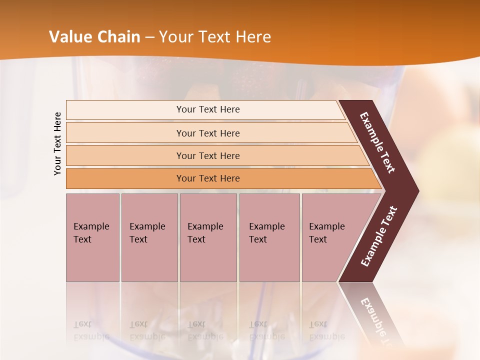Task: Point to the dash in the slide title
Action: click(x=149, y=37)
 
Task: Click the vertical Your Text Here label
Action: click(x=57, y=143)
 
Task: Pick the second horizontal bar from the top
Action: click(x=208, y=133)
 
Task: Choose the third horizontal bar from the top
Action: click(x=208, y=155)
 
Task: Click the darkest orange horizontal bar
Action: click(x=208, y=178)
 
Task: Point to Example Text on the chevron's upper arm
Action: click(x=377, y=142)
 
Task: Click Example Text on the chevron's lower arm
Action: click(x=379, y=236)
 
